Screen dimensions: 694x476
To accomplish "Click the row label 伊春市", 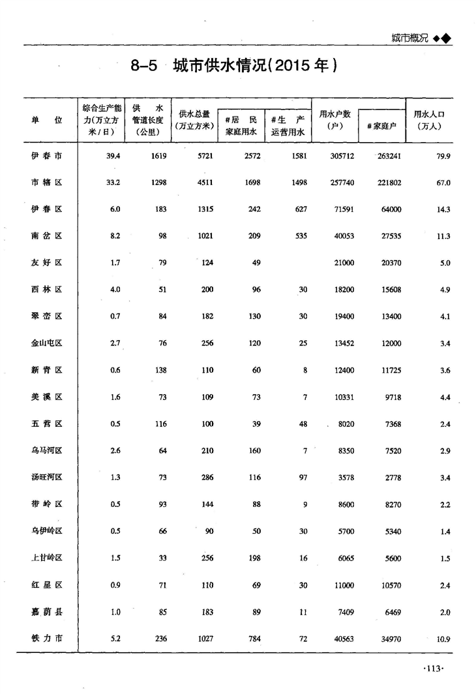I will (x=47, y=156).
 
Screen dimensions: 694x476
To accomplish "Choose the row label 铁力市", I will (x=47, y=639).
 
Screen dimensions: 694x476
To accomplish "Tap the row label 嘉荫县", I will (x=47, y=611).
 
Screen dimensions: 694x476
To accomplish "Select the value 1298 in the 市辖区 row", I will (x=159, y=182).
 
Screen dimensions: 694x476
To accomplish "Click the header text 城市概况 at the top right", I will (x=409, y=38).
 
